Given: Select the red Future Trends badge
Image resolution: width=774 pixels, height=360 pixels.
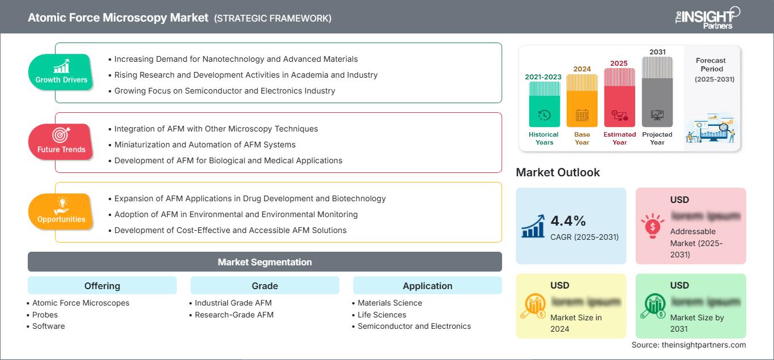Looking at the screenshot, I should (61, 142).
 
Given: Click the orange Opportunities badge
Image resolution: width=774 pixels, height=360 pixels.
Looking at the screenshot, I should (61, 211).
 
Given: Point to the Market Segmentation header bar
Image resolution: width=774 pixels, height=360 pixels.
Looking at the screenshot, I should (265, 262).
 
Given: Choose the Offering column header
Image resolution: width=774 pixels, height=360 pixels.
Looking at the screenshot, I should (102, 286).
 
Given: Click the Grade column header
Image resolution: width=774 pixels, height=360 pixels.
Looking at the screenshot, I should (265, 286).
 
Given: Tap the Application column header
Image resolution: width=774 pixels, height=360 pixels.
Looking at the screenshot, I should (427, 286).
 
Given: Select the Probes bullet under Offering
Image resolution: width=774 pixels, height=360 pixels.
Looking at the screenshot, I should (45, 315).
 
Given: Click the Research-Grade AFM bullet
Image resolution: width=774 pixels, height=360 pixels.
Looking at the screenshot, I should (234, 315).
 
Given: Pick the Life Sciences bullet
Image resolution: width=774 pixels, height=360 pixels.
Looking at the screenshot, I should (382, 315).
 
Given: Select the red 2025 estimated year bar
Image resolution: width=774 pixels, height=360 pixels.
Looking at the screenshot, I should (619, 97).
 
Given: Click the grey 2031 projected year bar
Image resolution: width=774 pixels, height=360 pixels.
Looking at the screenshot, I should (657, 91).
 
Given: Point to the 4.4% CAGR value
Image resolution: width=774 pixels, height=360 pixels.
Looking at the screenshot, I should (568, 221).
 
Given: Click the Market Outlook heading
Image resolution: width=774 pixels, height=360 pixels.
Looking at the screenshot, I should (558, 172).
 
